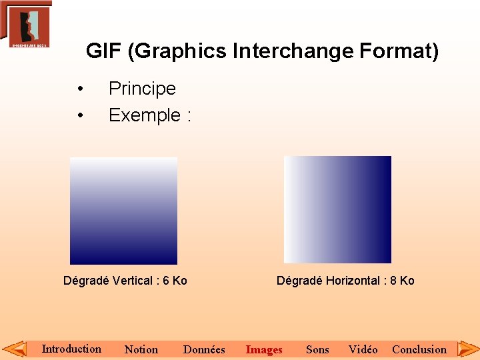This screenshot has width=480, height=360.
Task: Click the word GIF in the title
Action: point(103,51)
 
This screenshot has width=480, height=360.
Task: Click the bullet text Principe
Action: point(142,89)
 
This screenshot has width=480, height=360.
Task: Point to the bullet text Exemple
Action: point(145,115)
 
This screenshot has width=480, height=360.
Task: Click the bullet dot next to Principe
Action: point(80,89)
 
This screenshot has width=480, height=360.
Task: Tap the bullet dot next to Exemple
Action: point(80,116)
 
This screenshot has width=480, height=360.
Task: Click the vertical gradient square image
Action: point(123,211)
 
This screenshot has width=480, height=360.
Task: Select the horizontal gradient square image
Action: point(337,209)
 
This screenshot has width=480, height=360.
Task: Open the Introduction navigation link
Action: point(71,349)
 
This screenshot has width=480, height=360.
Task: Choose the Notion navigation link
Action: point(141,349)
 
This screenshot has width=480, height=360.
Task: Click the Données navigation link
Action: point(204,349)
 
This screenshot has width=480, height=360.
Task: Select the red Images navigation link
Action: point(264,349)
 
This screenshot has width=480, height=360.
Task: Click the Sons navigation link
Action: point(317,349)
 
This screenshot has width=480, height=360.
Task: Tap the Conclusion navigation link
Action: point(419,349)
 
